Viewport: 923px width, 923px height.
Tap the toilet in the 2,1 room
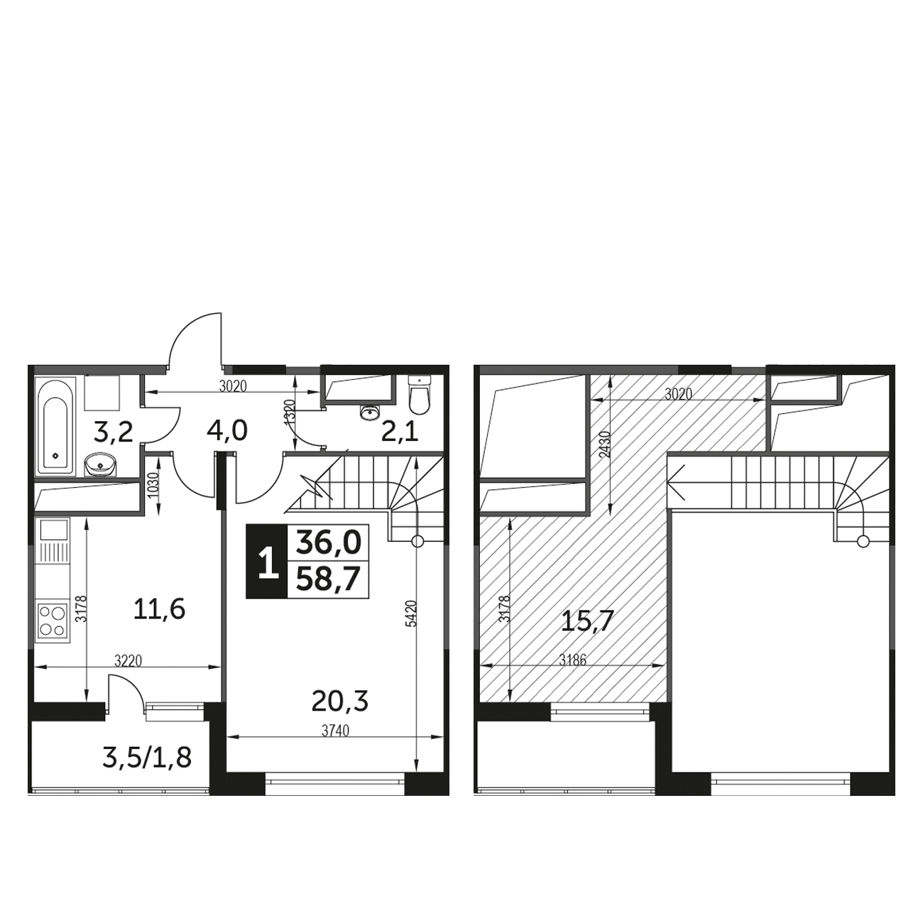(x=420, y=395)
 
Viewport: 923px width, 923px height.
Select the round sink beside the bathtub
(x=100, y=464)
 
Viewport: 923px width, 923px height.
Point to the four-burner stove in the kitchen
(x=53, y=621)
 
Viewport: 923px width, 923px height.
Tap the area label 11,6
(x=159, y=610)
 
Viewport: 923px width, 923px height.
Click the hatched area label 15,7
(x=587, y=622)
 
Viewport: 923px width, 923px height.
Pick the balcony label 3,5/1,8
(x=147, y=758)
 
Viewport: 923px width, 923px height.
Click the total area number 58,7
(x=328, y=579)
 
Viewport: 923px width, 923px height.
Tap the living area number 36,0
(x=328, y=542)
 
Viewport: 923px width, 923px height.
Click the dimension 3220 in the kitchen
(x=129, y=661)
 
